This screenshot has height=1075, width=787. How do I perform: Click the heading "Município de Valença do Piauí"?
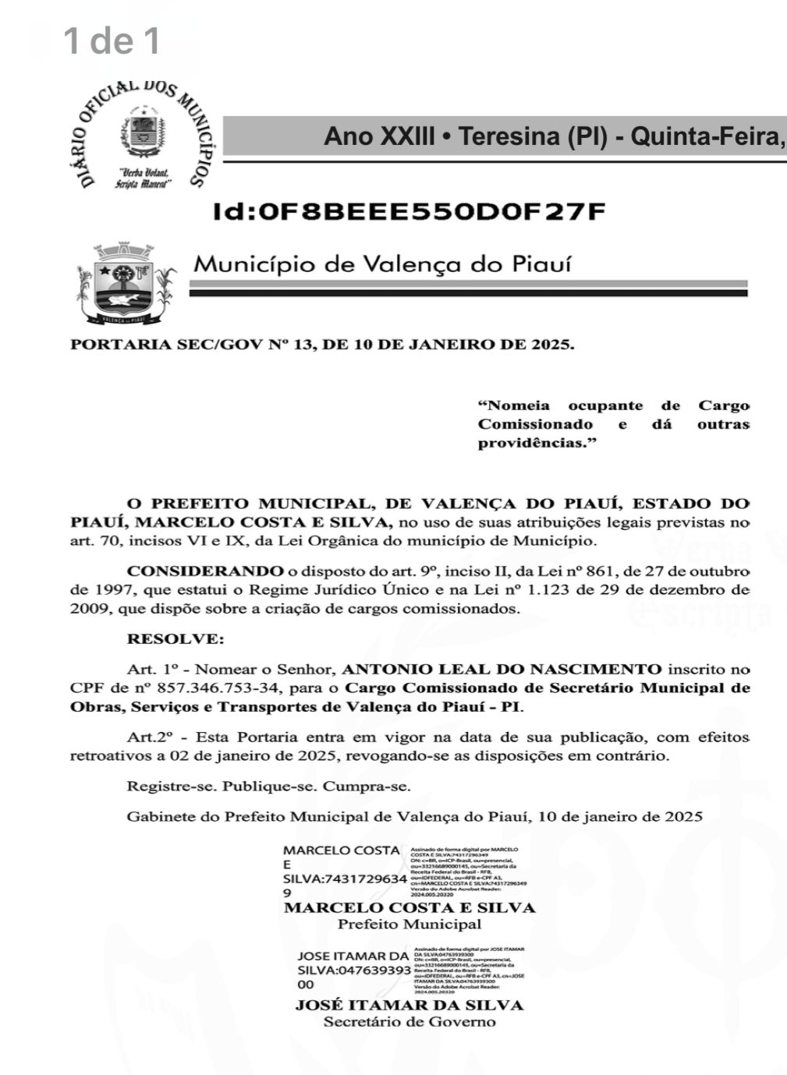[382, 264]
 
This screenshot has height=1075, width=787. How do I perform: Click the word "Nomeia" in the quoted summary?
[518, 405]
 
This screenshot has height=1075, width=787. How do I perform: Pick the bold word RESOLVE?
[175, 639]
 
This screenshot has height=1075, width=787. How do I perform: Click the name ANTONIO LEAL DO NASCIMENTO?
[502, 669]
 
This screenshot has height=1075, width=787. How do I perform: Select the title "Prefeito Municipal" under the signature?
[409, 925]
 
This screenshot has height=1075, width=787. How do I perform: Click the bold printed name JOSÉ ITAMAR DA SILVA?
[409, 1005]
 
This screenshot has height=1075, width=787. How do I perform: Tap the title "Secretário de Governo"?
[409, 1022]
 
